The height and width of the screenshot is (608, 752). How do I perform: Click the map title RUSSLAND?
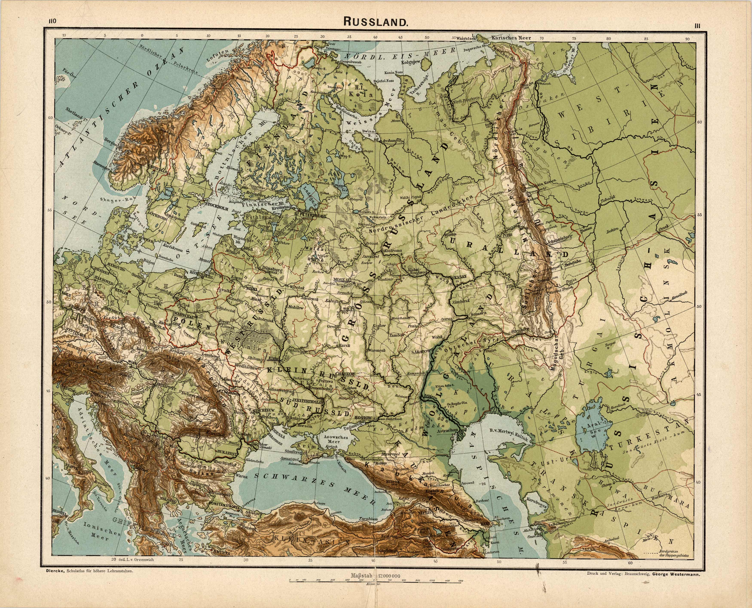[376, 22]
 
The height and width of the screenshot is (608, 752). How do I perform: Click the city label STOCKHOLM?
[217, 208]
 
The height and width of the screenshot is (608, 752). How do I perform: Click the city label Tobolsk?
[607, 202]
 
